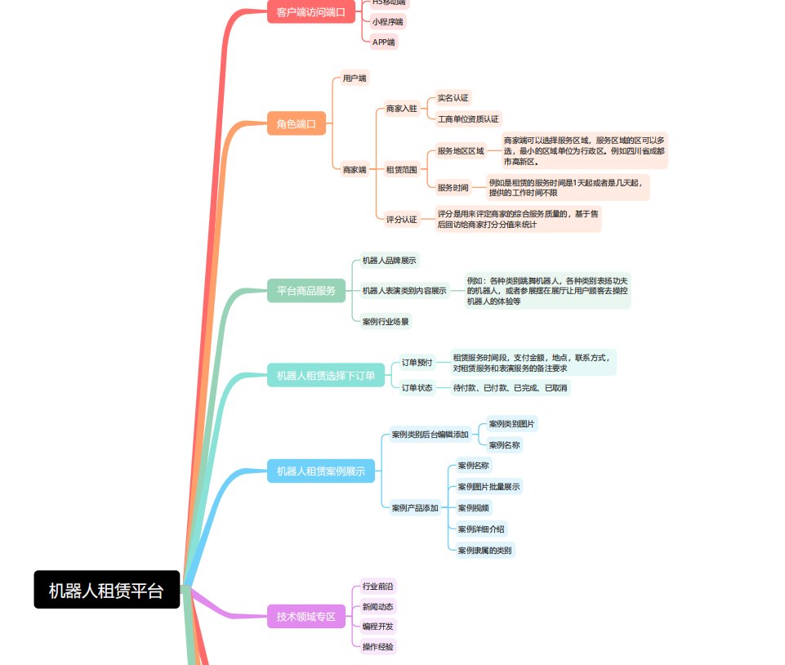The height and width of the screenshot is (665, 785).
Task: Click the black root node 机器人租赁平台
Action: (106, 590)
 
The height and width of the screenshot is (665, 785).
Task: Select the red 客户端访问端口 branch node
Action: (310, 12)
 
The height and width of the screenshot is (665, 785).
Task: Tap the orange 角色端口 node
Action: (296, 123)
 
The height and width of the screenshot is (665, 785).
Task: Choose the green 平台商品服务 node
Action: (306, 290)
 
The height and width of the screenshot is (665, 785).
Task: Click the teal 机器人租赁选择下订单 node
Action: (325, 376)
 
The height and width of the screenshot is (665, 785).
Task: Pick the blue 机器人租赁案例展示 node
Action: (320, 471)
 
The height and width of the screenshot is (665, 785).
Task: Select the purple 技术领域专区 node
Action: (306, 616)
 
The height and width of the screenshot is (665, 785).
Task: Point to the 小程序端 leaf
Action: (387, 22)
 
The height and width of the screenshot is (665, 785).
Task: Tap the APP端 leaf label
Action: (383, 42)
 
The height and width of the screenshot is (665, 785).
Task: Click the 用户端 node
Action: (355, 78)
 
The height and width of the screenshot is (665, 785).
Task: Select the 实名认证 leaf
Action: (453, 98)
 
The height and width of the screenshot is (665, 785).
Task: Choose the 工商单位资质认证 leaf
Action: (468, 119)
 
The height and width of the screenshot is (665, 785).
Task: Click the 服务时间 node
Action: (453, 188)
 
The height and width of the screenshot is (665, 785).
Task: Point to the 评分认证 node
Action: (401, 219)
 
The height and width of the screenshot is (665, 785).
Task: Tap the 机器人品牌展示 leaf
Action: (390, 261)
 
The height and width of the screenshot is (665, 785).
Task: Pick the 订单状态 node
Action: (417, 387)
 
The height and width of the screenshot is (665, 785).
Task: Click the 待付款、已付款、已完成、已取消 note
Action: (511, 387)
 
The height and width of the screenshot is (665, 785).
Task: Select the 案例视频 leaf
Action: (474, 507)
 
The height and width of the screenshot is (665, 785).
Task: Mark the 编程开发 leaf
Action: (377, 627)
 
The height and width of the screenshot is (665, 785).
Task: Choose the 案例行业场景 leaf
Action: (386, 321)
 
